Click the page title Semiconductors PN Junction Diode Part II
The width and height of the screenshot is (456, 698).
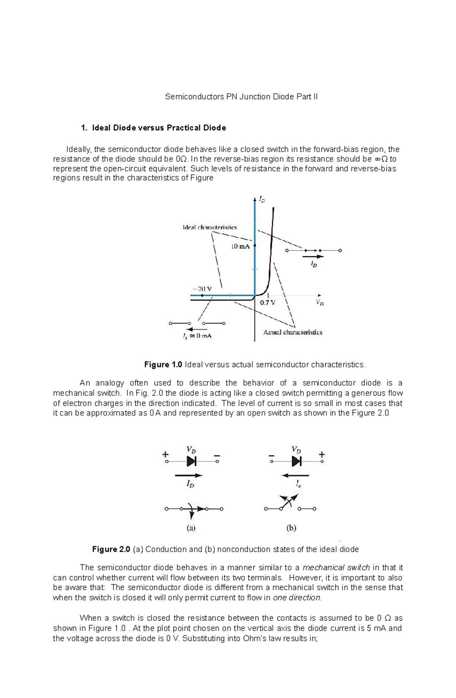pos(241,97)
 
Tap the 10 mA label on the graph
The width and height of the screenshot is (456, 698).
pos(241,246)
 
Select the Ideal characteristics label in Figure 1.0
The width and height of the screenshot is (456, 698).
pos(210,227)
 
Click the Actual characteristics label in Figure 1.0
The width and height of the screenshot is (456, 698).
pos(293,332)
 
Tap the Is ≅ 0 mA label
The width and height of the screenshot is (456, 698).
pos(197,336)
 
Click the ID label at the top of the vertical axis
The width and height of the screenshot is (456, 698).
pos(262,199)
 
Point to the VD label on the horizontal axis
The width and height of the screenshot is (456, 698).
pos(320,303)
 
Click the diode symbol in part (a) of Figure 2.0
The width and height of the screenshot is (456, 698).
pos(191,461)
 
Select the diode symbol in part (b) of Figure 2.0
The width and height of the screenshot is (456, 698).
pos(296,461)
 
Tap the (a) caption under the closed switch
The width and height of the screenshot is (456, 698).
pos(191,528)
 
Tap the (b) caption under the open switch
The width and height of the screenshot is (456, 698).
pos(291,528)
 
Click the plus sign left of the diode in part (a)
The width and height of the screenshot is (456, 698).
pos(165,454)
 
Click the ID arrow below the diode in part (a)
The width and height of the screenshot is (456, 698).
pos(189,475)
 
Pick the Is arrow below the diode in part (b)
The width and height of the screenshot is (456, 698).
pos(295,475)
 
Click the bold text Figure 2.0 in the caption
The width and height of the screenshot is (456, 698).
pos(111,549)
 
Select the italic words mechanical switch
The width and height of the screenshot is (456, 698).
pos(336,568)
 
